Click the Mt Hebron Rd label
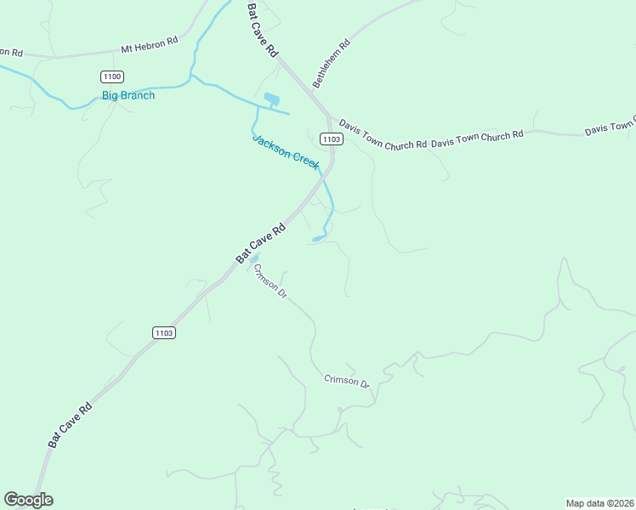[x=149, y=45]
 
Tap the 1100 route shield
[x=111, y=76]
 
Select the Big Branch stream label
[x=128, y=95]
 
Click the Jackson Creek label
[x=286, y=151]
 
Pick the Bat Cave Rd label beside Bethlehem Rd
[x=263, y=30]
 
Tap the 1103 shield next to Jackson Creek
[x=331, y=139]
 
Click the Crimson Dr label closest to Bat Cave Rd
[x=271, y=280]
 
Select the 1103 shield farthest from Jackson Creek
[x=164, y=332]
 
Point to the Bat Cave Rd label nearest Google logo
[x=70, y=425]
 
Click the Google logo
[x=28, y=500]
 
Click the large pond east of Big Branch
[x=272, y=100]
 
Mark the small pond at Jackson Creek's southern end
[x=317, y=239]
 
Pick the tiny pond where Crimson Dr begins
[x=253, y=258]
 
